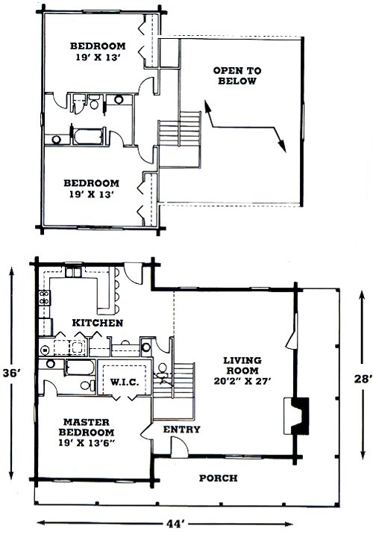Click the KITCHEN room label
pos(98,323)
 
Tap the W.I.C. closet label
pos(125,382)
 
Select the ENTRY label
pos(181,429)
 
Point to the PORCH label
pos(218,478)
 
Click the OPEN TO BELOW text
pos(237,75)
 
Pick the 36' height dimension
pos(13,373)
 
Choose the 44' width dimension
pos(175,523)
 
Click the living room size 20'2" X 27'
pos(242,381)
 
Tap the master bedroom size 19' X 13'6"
pos(87,442)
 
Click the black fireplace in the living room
pos(300,416)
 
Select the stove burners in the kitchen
pos(44,297)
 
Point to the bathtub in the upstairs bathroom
pos(88,137)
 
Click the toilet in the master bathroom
pos(88,386)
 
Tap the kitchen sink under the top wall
pos(73,272)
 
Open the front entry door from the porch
pos(180,448)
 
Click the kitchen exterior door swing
pos(133,273)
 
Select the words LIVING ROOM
pos(242,365)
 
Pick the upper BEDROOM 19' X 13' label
pos(98,51)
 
